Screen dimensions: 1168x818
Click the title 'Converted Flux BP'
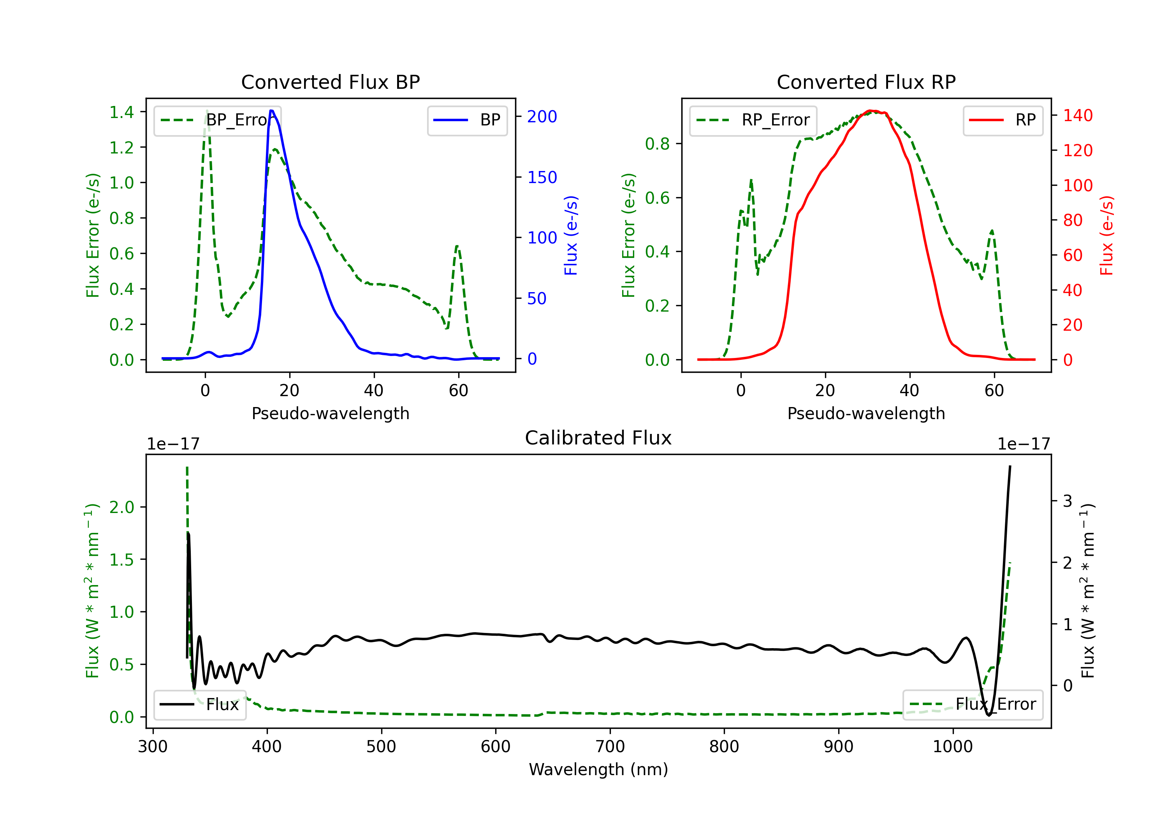[330, 82]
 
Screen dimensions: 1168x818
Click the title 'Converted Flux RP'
[866, 82]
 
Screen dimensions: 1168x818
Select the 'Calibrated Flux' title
[598, 438]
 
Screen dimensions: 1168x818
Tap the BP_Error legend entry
[217, 120]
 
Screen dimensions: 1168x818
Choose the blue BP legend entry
[467, 120]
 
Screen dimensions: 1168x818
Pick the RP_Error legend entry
[753, 120]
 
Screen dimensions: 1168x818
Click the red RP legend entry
[1003, 120]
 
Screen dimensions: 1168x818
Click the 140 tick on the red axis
[1077, 116]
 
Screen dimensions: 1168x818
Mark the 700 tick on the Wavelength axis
[610, 746]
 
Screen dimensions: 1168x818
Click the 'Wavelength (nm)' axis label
[598, 769]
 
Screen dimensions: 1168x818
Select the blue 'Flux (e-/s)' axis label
[571, 235]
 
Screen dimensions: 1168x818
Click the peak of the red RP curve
[871, 111]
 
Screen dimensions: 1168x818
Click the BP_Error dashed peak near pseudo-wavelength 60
[458, 246]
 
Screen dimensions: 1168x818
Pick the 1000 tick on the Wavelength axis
[953, 746]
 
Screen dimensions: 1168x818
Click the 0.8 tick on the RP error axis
[657, 144]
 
